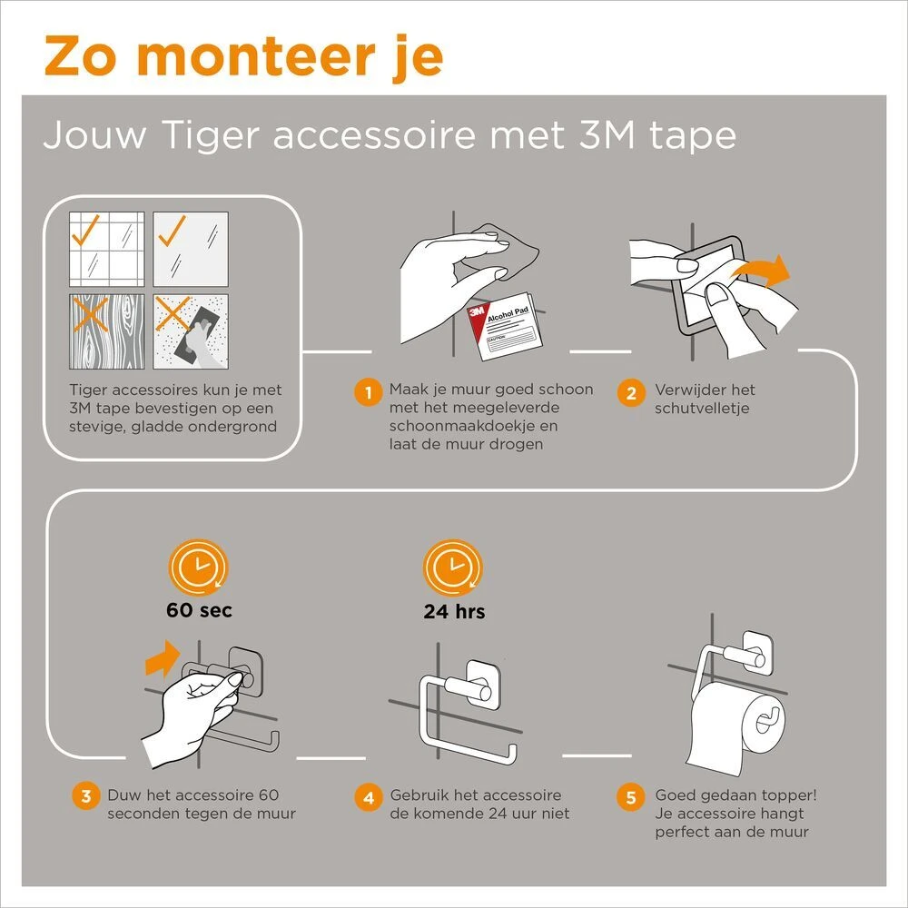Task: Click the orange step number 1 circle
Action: point(366,393)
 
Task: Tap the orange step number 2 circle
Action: point(630,393)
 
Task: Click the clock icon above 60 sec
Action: point(199,567)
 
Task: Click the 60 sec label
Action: point(199,610)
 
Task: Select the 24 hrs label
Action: point(454,611)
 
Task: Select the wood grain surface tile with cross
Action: point(107,331)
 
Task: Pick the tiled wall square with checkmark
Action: point(107,250)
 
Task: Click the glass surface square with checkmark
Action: point(190,250)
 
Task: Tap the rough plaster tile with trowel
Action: point(190,331)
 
